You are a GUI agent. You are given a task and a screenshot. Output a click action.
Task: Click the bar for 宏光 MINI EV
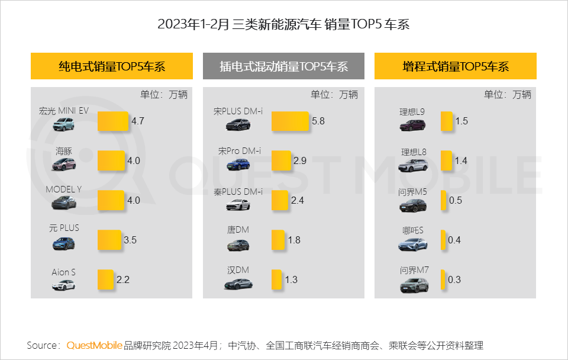113,121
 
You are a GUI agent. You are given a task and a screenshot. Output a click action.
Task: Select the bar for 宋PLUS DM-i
290,121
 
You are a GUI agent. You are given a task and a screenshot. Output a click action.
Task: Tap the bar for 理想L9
447,121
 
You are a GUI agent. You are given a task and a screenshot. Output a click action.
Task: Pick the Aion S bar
105,279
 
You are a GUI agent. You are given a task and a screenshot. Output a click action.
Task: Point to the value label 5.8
318,121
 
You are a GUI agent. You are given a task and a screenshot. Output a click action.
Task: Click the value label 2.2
123,279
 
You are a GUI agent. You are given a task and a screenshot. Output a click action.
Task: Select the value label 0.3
454,279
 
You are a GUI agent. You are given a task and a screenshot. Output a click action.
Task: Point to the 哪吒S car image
412,245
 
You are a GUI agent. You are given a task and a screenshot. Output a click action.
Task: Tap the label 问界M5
413,191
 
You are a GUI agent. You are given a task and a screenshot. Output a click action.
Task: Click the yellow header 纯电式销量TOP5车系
112,66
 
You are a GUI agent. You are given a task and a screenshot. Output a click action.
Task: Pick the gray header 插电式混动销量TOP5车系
283,66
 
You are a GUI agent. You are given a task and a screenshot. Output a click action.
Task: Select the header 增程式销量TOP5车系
456,66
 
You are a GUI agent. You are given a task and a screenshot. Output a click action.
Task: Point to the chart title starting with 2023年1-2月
283,24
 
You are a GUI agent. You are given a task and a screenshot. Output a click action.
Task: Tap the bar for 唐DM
278,240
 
